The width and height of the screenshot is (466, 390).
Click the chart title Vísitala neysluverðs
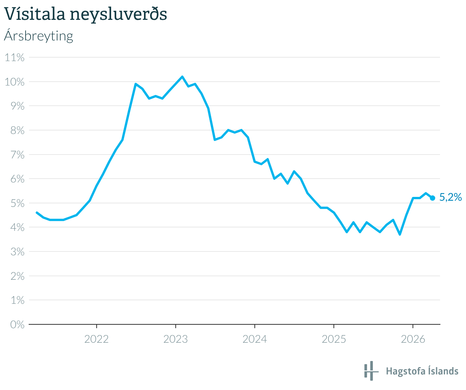click(86, 15)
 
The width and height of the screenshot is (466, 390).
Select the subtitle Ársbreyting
click(38, 36)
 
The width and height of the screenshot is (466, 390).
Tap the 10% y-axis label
click(15, 82)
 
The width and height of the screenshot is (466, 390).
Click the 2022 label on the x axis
click(97, 339)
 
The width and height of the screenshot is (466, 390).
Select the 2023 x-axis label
click(176, 339)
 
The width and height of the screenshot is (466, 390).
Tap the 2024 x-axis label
click(255, 339)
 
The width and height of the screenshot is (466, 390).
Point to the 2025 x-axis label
click(334, 339)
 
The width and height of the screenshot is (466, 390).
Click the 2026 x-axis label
click(413, 339)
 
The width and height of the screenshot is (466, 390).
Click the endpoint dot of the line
click(432, 198)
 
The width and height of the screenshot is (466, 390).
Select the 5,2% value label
click(451, 197)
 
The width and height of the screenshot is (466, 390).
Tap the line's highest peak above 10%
click(182, 77)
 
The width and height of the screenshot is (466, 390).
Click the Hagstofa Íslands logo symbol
click(370, 371)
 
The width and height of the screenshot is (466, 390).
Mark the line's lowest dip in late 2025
click(400, 234)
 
